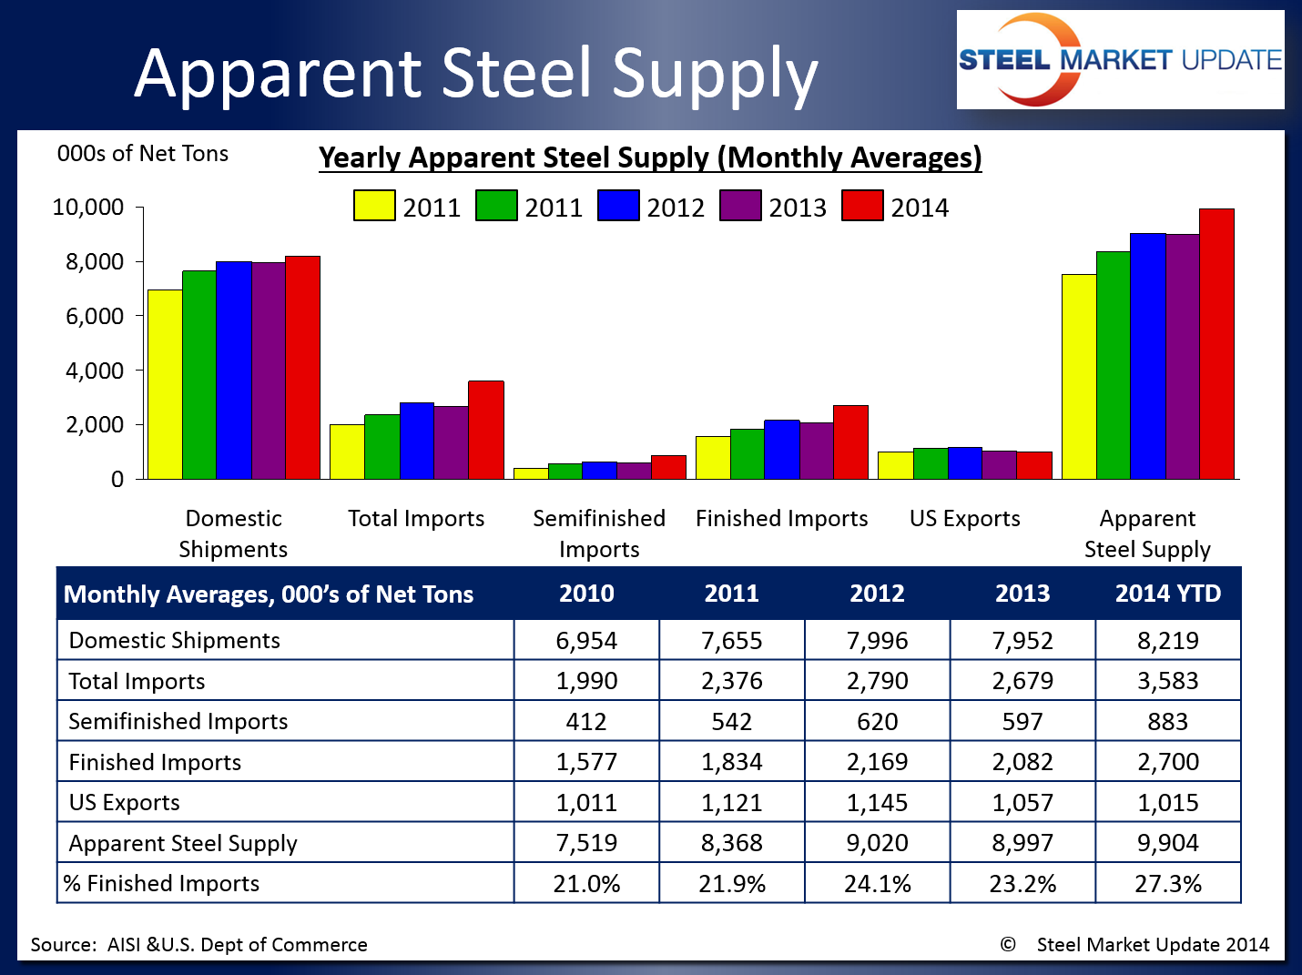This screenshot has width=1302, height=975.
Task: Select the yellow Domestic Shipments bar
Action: coord(165,384)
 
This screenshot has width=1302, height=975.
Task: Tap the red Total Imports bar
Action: coord(485,430)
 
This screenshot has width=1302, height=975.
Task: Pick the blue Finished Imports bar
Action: coord(781,449)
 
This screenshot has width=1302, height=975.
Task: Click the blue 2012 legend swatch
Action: coord(618,206)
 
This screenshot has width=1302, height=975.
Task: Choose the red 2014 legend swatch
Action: coord(862,206)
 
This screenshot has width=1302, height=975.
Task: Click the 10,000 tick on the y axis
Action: coord(88,208)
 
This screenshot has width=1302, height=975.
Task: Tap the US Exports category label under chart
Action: coord(964,518)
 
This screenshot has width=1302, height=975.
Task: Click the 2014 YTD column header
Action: coord(1168,594)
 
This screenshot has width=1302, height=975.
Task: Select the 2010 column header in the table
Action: coord(586,594)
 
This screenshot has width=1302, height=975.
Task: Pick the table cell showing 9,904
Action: coord(1168,843)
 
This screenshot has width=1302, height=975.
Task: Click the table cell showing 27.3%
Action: coord(1168,883)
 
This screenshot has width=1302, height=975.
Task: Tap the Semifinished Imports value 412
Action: coord(586,722)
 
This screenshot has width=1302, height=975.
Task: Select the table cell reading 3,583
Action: coord(1168,681)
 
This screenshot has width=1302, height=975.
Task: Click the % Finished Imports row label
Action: coord(161,883)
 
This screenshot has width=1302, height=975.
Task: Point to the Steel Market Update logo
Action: coord(1120,60)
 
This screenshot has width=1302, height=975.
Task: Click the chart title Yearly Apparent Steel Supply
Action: coord(650,157)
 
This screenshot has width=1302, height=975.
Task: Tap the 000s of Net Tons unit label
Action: coord(143,154)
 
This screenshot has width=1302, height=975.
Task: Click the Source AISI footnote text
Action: coord(198,944)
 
